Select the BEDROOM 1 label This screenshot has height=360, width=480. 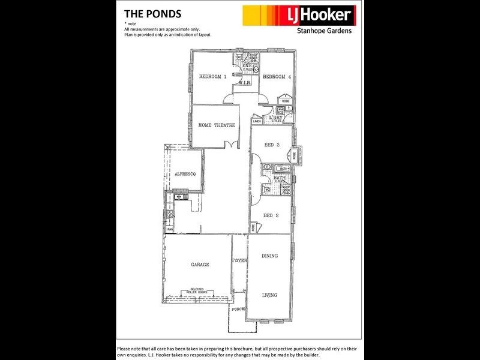[213, 77]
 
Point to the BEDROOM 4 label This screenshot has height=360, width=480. [277, 77]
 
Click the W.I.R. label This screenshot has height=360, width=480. [244, 83]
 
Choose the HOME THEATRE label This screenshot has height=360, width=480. [216, 125]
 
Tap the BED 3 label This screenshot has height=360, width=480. [272, 145]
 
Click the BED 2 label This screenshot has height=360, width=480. [272, 215]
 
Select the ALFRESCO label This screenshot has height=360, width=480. [185, 174]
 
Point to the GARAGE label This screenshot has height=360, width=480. [200, 265]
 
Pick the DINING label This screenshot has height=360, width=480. [270, 256]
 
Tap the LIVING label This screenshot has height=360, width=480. [270, 295]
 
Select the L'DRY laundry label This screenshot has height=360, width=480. [277, 118]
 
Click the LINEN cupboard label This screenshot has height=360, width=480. [256, 121]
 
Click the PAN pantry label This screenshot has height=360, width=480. [170, 229]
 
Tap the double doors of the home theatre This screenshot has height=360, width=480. [228, 144]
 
